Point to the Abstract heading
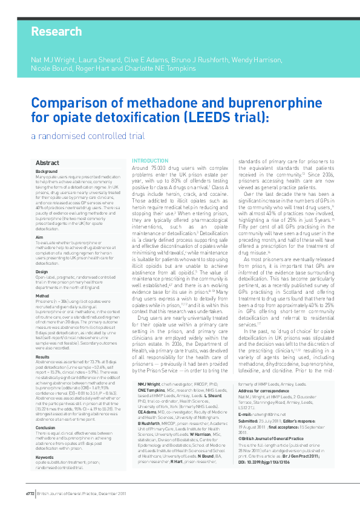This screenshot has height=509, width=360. click(47, 163)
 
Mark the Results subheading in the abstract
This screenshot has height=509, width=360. click(43, 358)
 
